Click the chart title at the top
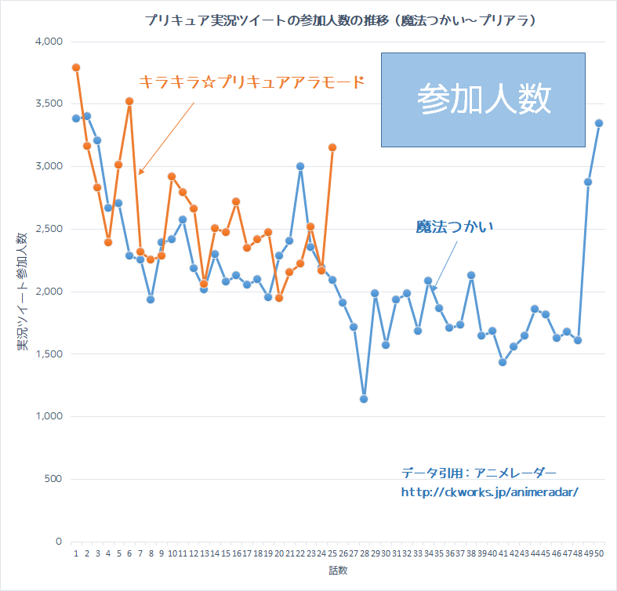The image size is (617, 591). (340, 20)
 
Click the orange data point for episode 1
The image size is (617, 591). (76, 67)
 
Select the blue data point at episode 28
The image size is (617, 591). (364, 399)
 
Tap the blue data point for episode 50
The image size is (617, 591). (599, 123)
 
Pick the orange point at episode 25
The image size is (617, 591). (332, 147)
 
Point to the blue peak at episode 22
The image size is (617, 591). (300, 166)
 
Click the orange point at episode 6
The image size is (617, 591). (129, 101)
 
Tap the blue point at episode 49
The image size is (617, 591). (588, 182)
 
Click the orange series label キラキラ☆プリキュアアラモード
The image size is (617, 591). (252, 82)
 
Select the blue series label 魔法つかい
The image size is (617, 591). (455, 227)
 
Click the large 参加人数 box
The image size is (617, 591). (483, 100)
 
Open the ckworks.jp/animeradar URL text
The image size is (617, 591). (489, 492)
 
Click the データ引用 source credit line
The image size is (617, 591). (478, 473)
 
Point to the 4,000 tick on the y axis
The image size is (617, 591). (49, 42)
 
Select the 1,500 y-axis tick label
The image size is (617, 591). (49, 354)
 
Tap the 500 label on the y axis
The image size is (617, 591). (53, 479)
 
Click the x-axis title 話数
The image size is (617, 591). (338, 571)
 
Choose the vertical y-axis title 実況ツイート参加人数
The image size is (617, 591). (22, 292)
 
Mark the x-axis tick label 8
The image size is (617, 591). (151, 553)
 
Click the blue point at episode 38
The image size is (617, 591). (471, 275)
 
